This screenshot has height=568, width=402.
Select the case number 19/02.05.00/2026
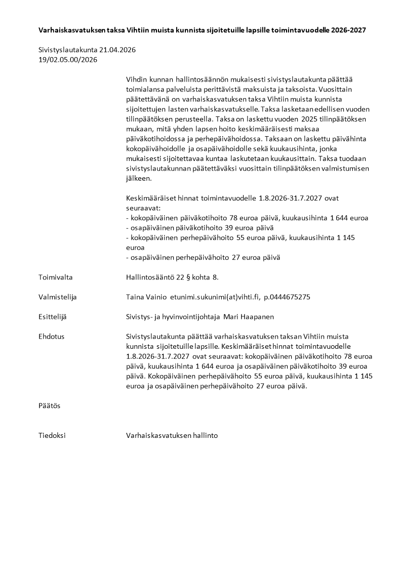pyautogui.click(x=67, y=60)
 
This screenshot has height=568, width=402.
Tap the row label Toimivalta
pyautogui.click(x=56, y=277)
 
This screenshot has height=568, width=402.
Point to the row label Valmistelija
pyautogui.click(x=58, y=297)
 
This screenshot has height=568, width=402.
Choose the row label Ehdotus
pyautogui.click(x=51, y=336)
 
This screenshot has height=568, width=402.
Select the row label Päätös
pyautogui.click(x=49, y=405)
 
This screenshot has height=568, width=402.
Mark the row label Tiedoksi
pyautogui.click(x=52, y=435)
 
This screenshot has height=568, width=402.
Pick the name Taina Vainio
pyautogui.click(x=145, y=297)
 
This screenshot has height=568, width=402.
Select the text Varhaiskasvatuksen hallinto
pyautogui.click(x=172, y=435)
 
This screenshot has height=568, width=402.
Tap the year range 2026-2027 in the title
pyautogui.click(x=348, y=30)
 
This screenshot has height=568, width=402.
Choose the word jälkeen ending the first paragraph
pyautogui.click(x=137, y=178)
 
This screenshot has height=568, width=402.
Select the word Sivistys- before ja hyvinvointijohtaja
pyautogui.click(x=140, y=316)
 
